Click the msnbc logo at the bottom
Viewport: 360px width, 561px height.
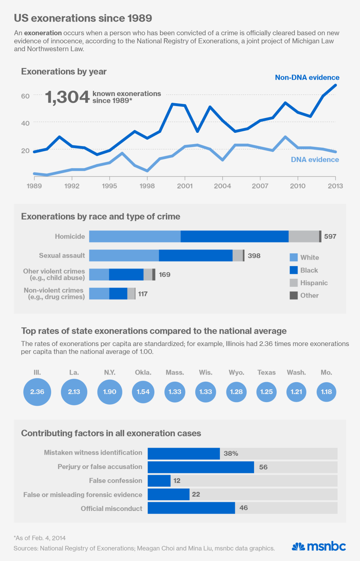[319, 547]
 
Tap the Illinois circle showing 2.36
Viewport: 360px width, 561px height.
[37, 392]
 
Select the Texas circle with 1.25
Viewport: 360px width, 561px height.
[266, 392]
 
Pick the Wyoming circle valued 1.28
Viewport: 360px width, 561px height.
[236, 392]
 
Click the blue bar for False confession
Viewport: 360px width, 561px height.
[159, 481]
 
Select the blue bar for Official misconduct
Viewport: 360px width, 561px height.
[191, 508]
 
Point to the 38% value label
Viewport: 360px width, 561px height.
[231, 453]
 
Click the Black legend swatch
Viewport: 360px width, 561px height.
[294, 270]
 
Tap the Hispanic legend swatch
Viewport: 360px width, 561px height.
[294, 283]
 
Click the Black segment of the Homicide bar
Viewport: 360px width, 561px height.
[234, 236]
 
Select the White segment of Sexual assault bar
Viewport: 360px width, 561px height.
[124, 256]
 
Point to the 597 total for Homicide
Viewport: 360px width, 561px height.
[330, 236]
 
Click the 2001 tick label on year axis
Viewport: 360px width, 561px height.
[185, 186]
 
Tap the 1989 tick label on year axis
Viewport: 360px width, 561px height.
[34, 186]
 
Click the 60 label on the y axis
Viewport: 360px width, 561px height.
[25, 96]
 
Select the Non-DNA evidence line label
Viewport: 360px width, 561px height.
[307, 78]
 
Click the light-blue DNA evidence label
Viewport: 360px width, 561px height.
[315, 160]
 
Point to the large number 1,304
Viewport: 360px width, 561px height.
[67, 97]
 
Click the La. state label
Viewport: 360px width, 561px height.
[74, 373]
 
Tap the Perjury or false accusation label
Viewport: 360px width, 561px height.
[100, 467]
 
